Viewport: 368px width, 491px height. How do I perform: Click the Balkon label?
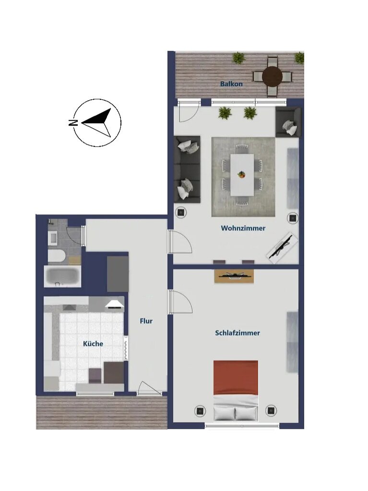pos(231,84)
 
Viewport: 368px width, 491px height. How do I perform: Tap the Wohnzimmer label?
pos(243,228)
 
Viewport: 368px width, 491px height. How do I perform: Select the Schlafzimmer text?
pos(237,333)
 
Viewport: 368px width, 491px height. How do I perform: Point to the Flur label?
pos(146,321)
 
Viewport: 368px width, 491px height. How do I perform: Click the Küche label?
pos(93,343)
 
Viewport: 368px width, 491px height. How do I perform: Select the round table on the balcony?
pos(273,76)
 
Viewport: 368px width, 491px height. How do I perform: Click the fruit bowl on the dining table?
pos(241,175)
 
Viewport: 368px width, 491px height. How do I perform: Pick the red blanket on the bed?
pos(236,378)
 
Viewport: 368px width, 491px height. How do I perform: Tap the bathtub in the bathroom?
pos(62,277)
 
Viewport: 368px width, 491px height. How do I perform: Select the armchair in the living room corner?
pos(288,122)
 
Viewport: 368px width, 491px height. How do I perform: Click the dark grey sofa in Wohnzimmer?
pos(187,169)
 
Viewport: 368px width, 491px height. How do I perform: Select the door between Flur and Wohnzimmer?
pos(180,241)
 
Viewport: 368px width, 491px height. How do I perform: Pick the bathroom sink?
pos(53,238)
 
